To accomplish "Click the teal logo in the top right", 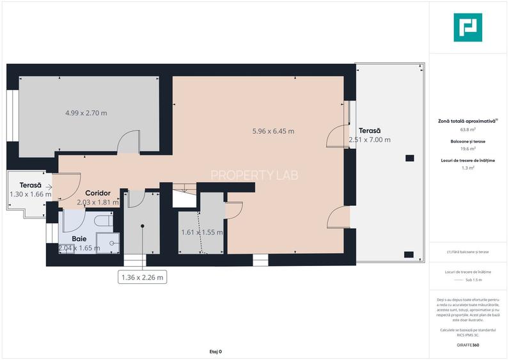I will pyautogui.click(x=468, y=27).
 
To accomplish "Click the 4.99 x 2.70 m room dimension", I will pyautogui.click(x=86, y=113).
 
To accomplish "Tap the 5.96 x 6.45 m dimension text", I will pyautogui.click(x=273, y=131).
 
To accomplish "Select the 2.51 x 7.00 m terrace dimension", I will pyautogui.click(x=369, y=139).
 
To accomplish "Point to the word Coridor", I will pyautogui.click(x=98, y=192).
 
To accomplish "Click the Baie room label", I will pyautogui.click(x=79, y=238).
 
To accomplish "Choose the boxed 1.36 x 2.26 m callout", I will pyautogui.click(x=143, y=277).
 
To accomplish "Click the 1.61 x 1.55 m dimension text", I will pyautogui.click(x=201, y=232).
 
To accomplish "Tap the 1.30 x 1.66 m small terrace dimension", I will pyautogui.click(x=30, y=194).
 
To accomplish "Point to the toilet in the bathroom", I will pyautogui.click(x=103, y=221).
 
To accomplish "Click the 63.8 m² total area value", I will pyautogui.click(x=468, y=128).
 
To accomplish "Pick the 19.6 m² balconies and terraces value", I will pyautogui.click(x=468, y=148).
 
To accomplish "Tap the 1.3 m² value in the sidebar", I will pyautogui.click(x=468, y=168).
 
